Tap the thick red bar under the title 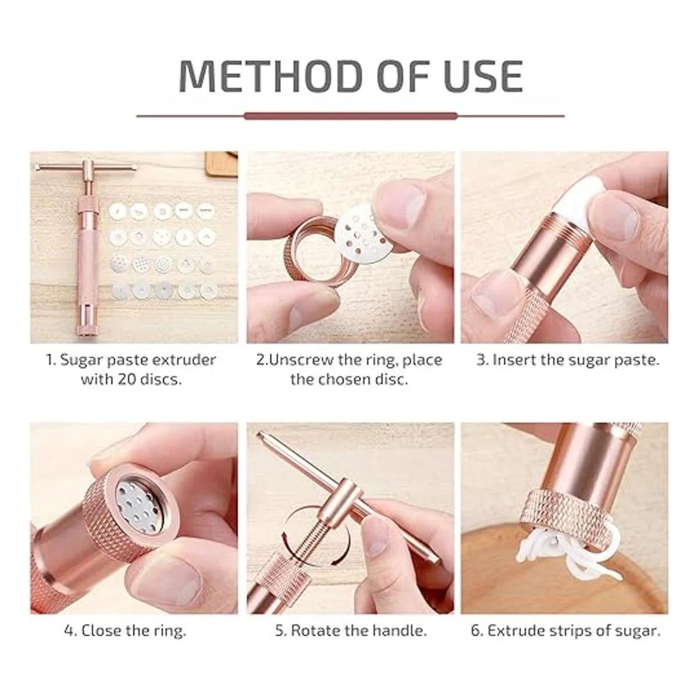click(x=350, y=116)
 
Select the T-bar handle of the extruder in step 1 click(x=86, y=168)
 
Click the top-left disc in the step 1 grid click(x=117, y=211)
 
